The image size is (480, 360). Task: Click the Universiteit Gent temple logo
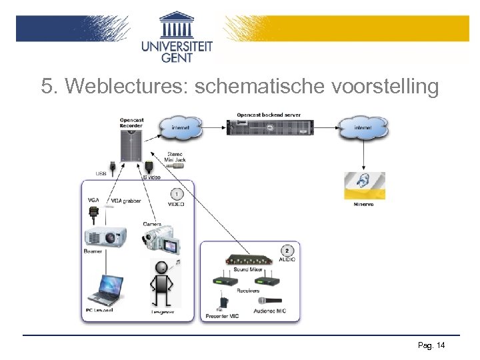(x=177, y=25)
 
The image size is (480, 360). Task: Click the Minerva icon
(x=364, y=186)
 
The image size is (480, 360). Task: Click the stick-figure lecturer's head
(x=161, y=269)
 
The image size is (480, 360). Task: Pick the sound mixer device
(x=249, y=259)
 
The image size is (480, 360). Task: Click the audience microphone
(x=273, y=301)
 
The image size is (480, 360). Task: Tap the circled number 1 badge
(x=177, y=194)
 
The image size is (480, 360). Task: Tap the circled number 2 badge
(x=287, y=251)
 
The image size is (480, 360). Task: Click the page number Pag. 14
(x=431, y=345)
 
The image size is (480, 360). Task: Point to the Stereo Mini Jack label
(x=173, y=156)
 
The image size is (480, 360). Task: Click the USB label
(x=101, y=173)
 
